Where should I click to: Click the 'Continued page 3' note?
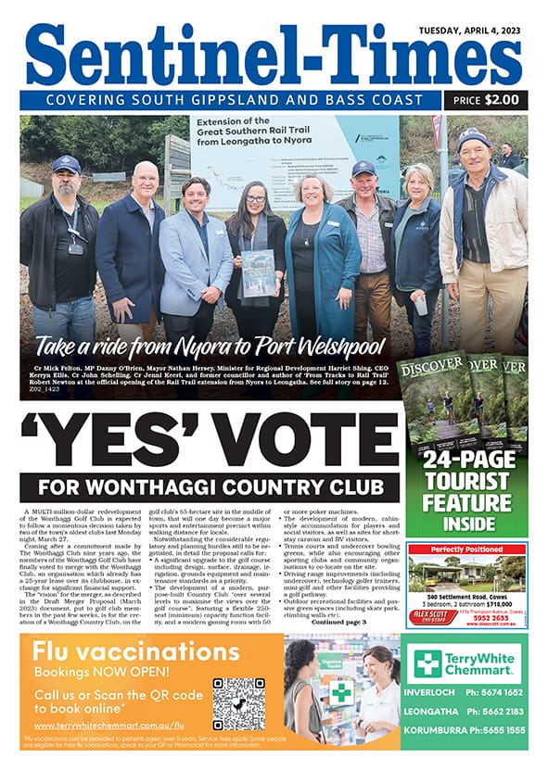(x=339, y=621)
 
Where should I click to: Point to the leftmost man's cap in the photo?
(x=69, y=163)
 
